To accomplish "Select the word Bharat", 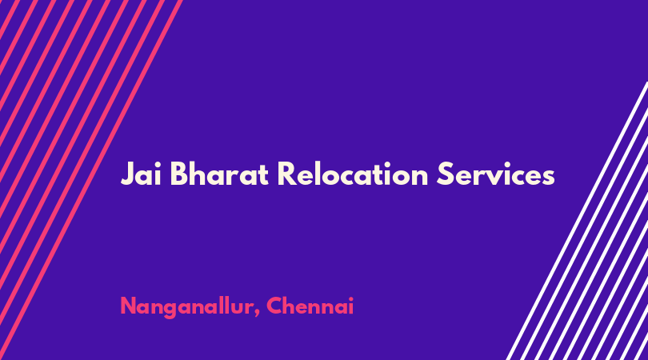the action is coord(219,174).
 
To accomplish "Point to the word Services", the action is coord(495,174).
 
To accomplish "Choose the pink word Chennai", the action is coord(310,306).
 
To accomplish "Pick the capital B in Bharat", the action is coord(179,174).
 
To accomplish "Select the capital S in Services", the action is coord(445,174).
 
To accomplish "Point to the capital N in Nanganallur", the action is coord(129,306).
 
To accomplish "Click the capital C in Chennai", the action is coord(275,306).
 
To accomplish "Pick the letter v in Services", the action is coord(498,178).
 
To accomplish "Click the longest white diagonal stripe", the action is coord(578,220).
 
